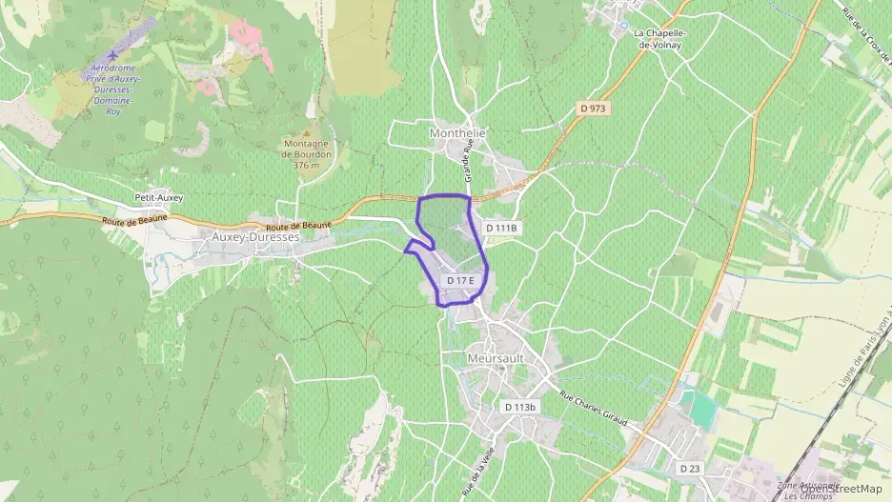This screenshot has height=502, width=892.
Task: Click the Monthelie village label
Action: point(457,133)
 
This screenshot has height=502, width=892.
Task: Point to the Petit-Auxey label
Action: point(158,198)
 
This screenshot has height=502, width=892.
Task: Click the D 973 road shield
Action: point(593,109)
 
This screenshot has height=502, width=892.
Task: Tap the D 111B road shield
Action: point(500,228)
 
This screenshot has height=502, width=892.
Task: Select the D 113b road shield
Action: point(520,407)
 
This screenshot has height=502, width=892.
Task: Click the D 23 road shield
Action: point(690,469)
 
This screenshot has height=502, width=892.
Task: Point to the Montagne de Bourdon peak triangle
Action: point(306,134)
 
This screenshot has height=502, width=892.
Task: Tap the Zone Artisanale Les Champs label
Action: point(805,491)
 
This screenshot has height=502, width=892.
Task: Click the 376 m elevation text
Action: point(307,165)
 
